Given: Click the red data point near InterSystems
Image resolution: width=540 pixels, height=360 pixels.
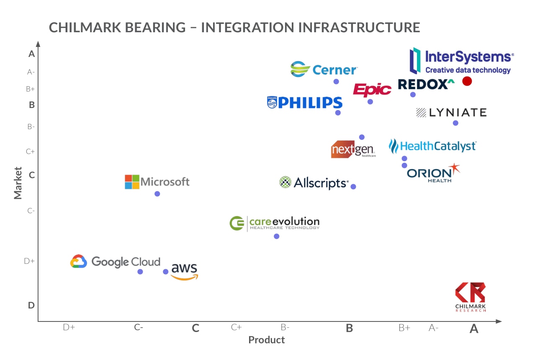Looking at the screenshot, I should [x=467, y=81].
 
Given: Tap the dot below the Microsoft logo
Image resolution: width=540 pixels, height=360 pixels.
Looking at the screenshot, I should [x=157, y=193].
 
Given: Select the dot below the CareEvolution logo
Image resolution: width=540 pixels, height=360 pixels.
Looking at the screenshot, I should [x=276, y=236].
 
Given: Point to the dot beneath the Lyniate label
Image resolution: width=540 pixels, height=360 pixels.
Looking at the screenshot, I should [x=455, y=123].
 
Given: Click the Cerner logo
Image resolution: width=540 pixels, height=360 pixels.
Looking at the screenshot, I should [x=324, y=69].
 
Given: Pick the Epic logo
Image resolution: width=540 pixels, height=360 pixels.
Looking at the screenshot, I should [x=372, y=89].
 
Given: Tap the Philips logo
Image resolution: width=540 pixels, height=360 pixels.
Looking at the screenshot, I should [x=305, y=103].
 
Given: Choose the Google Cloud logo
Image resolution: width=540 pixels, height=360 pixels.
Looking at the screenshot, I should [x=115, y=262].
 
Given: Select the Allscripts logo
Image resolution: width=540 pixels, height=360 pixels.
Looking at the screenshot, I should [x=314, y=183].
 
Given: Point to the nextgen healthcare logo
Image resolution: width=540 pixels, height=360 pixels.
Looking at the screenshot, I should [x=353, y=149].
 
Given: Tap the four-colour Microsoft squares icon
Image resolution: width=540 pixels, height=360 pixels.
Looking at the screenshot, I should [x=132, y=182].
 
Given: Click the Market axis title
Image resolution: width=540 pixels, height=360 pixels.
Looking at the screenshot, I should [x=18, y=183].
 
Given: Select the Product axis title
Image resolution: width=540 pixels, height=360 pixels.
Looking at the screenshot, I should [x=266, y=339].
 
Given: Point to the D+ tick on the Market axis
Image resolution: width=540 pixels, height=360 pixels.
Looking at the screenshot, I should [x=29, y=261].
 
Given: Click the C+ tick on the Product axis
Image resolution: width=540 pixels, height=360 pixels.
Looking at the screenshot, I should [x=236, y=327].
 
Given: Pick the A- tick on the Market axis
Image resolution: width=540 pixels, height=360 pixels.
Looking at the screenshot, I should [x=31, y=72].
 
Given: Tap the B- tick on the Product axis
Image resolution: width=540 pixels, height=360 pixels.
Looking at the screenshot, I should [x=285, y=327].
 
